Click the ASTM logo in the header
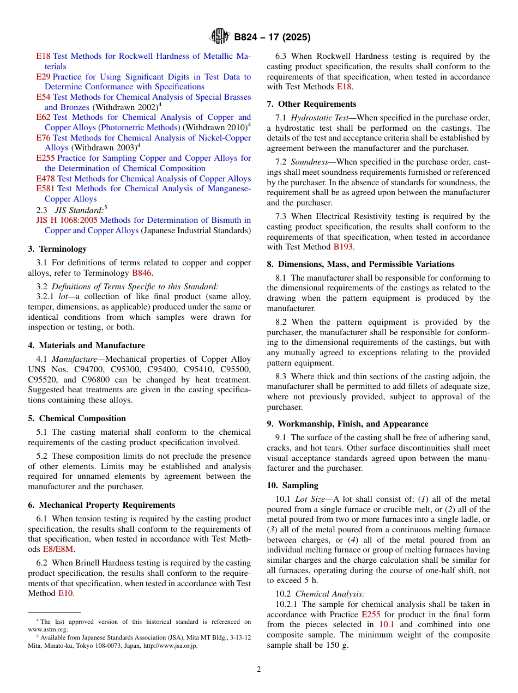tap(220, 37)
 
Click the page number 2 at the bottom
tap(259, 669)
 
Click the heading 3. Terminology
tap(57, 249)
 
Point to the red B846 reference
tap(142, 273)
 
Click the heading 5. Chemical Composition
tap(77, 418)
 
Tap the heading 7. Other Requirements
tap(311, 104)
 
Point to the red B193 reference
tap(343, 247)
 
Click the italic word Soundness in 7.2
tap(309, 162)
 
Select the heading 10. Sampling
tap(292, 485)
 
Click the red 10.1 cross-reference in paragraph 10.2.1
tap(386, 624)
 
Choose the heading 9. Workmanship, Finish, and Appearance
tap(347, 424)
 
